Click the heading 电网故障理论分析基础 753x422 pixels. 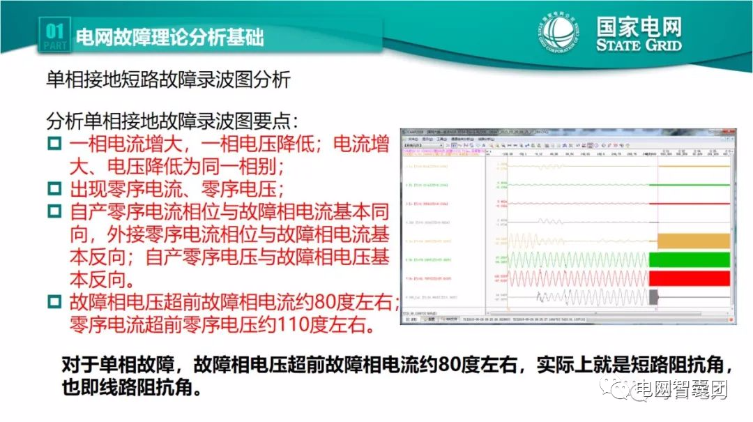click(169, 36)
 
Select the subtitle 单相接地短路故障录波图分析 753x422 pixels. click(168, 80)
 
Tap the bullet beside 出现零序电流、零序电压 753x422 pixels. click(54, 188)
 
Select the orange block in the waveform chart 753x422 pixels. click(693, 241)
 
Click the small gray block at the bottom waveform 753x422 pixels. click(653, 296)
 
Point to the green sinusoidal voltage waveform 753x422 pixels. click(579, 259)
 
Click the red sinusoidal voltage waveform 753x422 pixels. click(579, 278)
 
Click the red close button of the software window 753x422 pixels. click(731, 131)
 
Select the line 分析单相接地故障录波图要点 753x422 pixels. click(172, 121)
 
